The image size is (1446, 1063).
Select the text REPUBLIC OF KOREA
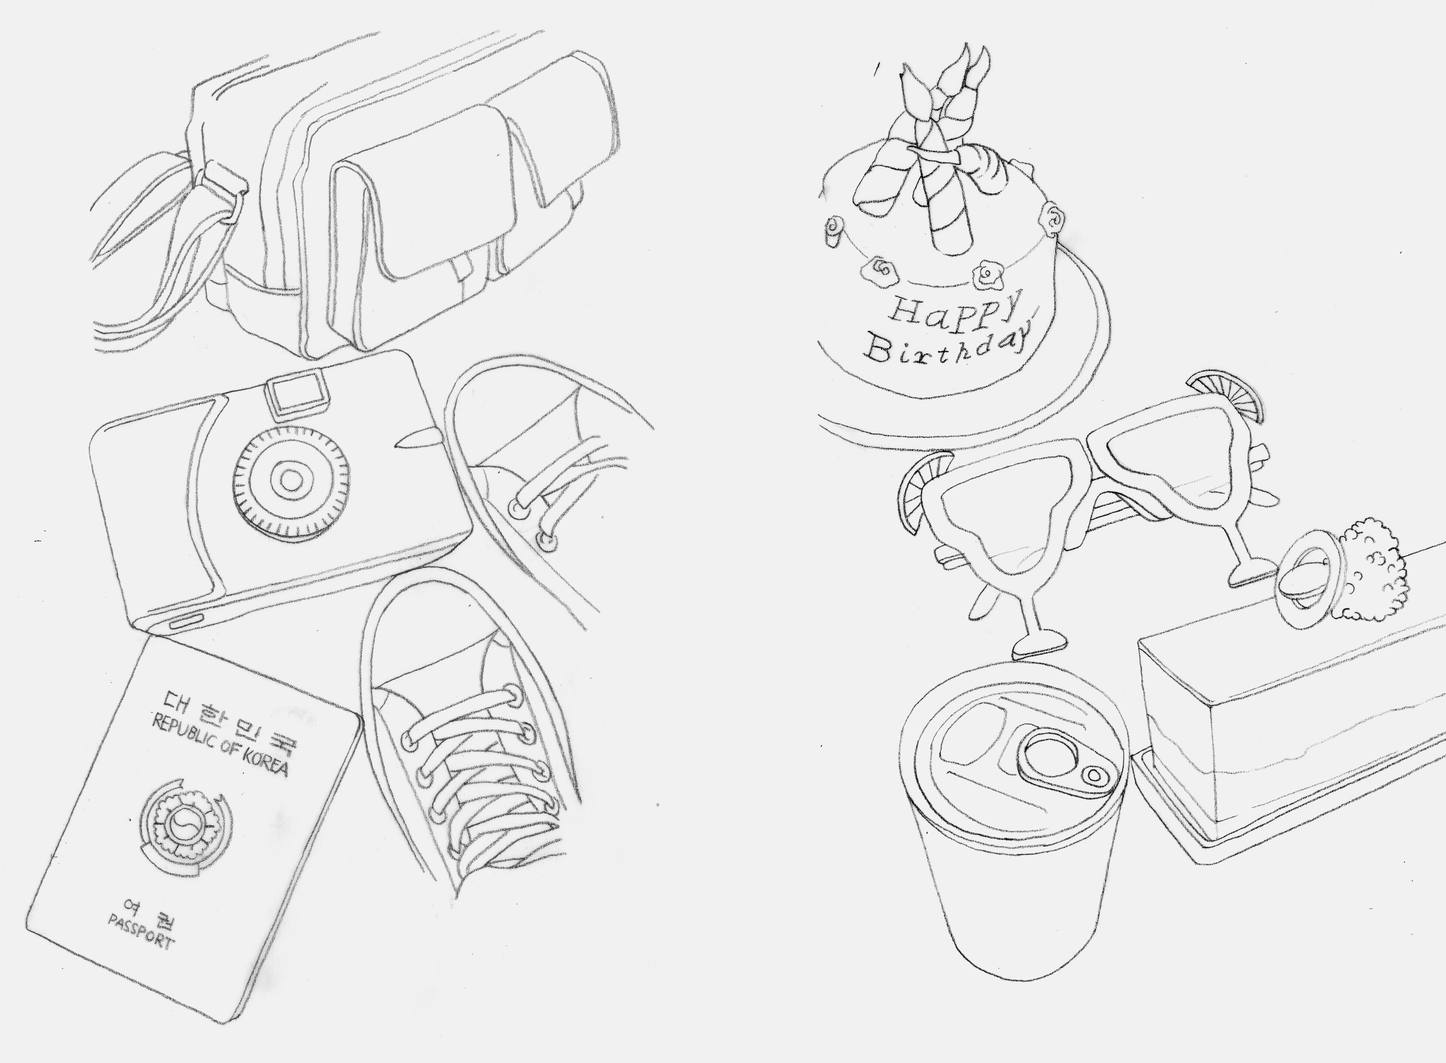(219, 744)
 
